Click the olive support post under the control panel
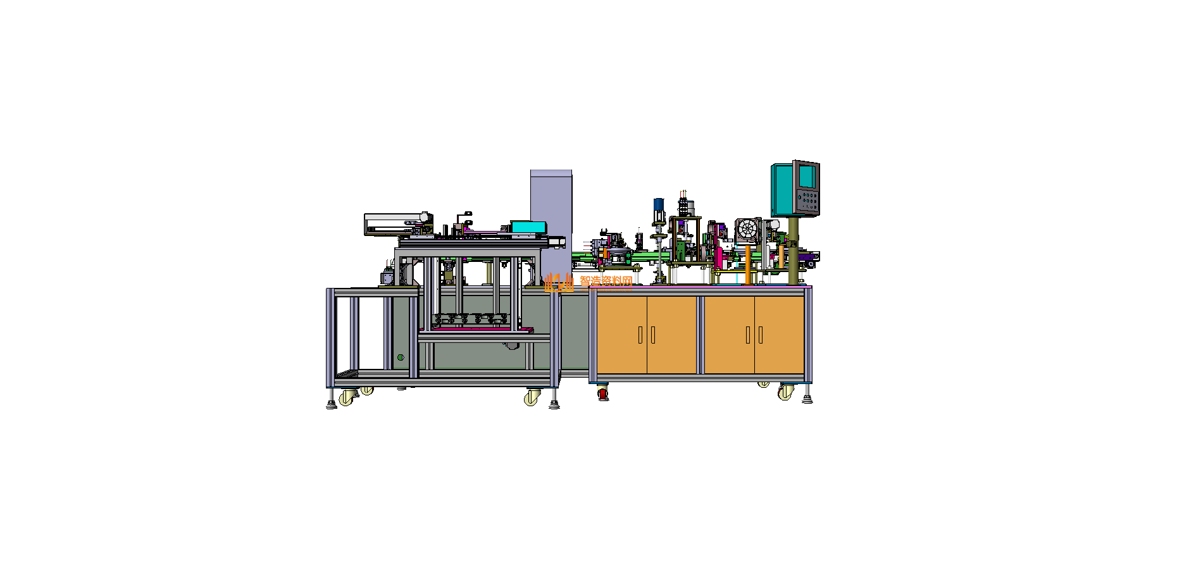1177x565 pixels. click(793, 250)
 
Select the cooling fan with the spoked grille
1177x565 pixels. click(747, 230)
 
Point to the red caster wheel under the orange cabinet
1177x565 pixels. click(602, 394)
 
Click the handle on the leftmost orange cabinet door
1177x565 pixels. click(640, 335)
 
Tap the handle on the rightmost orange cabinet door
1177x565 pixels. click(761, 335)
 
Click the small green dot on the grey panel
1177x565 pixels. click(401, 357)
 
